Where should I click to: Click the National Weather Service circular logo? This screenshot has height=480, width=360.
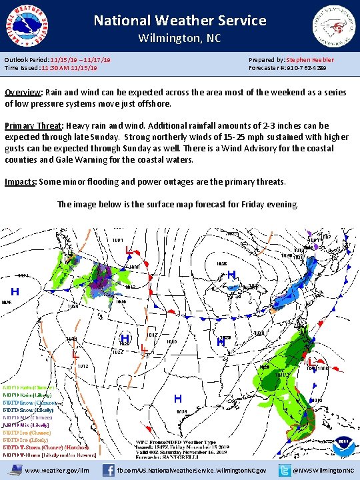26,24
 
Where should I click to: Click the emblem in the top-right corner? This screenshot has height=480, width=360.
333,24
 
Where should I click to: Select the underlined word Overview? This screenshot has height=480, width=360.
25,93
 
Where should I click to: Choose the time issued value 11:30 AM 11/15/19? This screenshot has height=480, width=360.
68,68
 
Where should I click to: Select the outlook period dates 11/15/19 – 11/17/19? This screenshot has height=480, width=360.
80,60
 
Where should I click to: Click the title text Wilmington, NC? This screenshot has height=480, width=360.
179,38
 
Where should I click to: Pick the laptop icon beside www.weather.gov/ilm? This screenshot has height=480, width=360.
13,470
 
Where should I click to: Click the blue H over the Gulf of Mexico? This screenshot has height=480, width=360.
178,399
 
